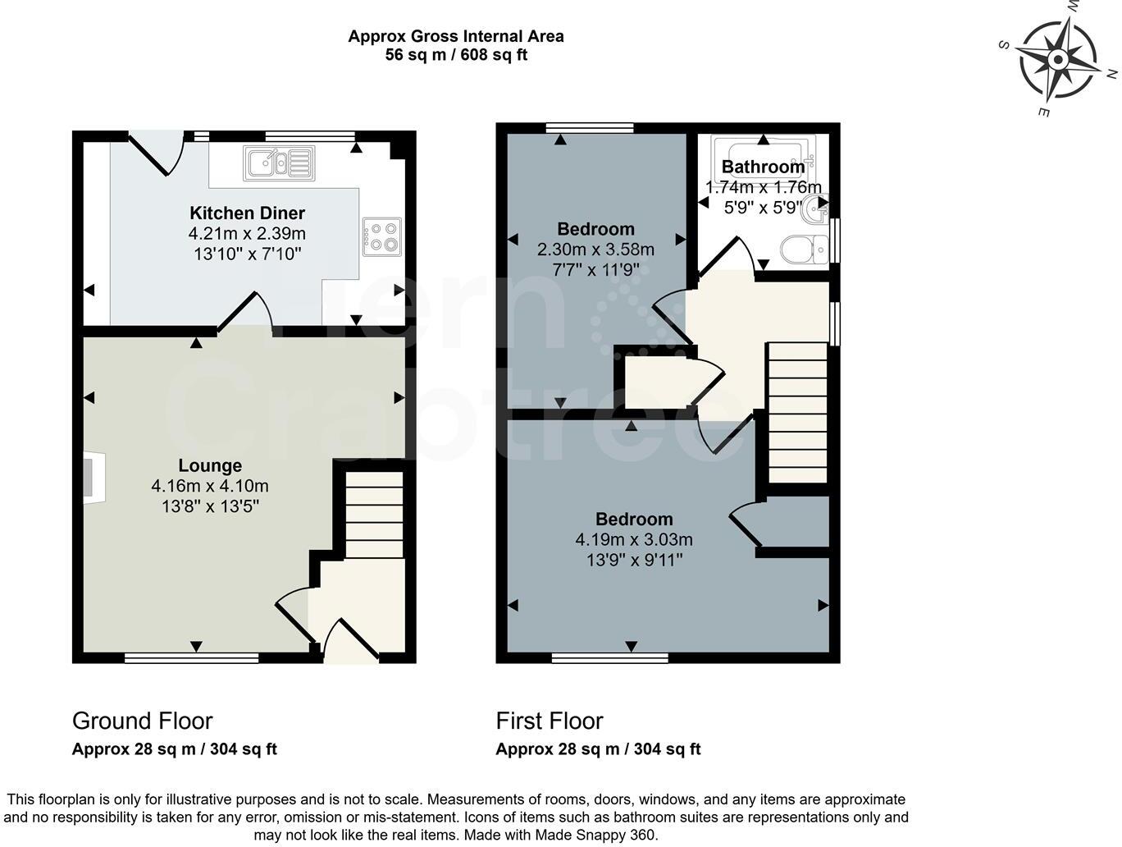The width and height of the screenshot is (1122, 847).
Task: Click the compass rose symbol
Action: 1057,59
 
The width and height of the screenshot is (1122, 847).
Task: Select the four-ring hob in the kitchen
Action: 381,236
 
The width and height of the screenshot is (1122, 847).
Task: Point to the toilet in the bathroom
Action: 805,249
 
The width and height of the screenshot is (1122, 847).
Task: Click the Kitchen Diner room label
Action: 247,213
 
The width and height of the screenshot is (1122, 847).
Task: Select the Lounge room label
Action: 210,466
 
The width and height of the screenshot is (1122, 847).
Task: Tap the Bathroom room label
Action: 763,167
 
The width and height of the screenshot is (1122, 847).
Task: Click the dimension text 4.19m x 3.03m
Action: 634,539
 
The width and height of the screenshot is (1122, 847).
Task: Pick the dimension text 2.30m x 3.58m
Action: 595,249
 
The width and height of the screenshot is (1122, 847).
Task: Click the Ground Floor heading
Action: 143,721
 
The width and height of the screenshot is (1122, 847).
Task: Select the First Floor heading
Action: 550,721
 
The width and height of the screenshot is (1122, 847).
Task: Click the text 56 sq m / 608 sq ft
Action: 455,55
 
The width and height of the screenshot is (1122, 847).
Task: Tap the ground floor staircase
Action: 374,515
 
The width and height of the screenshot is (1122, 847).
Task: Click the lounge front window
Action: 192,657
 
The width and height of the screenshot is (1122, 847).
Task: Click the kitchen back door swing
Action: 156,153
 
